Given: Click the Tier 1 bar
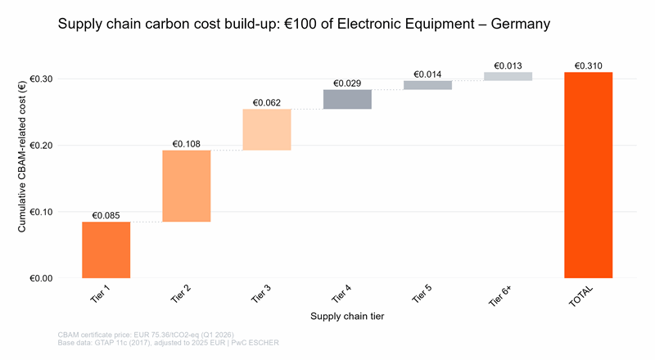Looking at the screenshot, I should click(x=106, y=250).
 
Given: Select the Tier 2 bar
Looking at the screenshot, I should click(x=186, y=186).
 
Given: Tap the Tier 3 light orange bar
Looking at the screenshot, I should click(x=266, y=129).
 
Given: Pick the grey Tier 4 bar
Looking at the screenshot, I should click(x=347, y=99).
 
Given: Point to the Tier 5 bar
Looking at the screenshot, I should click(x=427, y=84).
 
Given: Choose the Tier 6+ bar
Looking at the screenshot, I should click(x=508, y=76).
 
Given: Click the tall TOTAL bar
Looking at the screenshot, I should click(x=588, y=175).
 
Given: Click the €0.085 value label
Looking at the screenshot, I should click(x=106, y=215).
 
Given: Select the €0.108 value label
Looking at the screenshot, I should click(x=186, y=144).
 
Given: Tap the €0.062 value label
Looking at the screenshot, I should click(x=266, y=102).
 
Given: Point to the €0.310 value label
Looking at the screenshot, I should click(x=588, y=65).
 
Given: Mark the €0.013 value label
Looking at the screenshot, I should click(x=508, y=65).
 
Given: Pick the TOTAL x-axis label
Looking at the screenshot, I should click(x=583, y=295).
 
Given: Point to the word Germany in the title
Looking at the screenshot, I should click(x=520, y=25).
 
